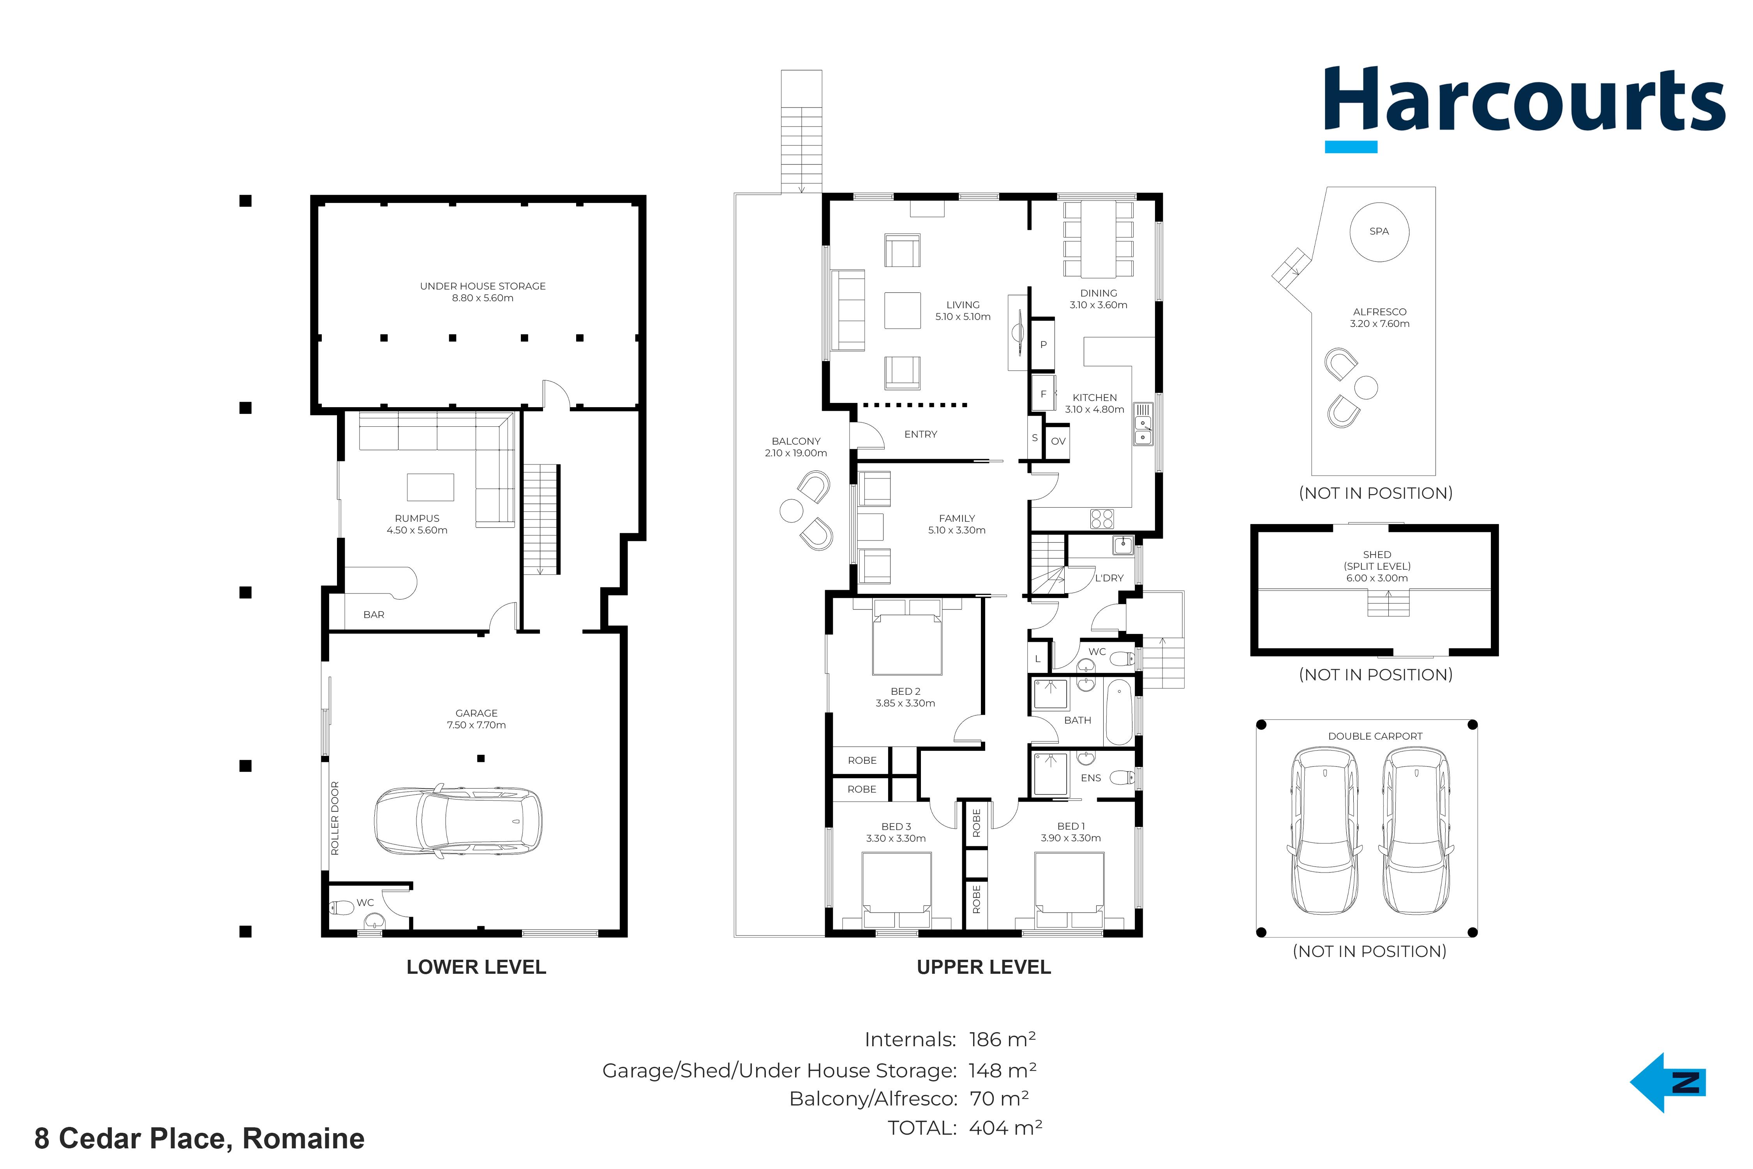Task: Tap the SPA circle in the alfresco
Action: click(1379, 232)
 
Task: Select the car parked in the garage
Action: click(458, 821)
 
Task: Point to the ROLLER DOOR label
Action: click(335, 818)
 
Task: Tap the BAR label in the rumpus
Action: click(374, 615)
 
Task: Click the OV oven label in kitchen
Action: click(1058, 441)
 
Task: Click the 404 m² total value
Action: click(1005, 1128)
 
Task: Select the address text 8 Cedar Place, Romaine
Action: click(200, 1139)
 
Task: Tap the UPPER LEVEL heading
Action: click(984, 967)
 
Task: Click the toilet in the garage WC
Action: click(342, 908)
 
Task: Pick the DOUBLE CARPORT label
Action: click(1375, 736)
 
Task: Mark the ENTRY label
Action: click(921, 434)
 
